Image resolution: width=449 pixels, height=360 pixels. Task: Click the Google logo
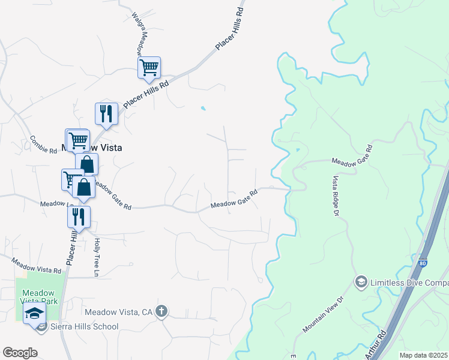(x=20, y=353)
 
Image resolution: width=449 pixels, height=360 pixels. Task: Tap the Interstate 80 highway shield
(x=423, y=262)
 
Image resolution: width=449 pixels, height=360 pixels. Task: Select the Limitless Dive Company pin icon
(x=361, y=281)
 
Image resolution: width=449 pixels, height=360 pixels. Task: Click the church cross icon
(x=161, y=311)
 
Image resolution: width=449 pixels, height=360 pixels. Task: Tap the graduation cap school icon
(x=34, y=313)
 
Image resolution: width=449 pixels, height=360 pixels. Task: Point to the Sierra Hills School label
(x=84, y=326)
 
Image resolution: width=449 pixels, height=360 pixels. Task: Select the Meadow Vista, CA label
(x=119, y=312)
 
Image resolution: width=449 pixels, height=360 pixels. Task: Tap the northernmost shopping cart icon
(x=149, y=67)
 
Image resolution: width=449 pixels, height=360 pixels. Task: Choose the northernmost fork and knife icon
(x=106, y=113)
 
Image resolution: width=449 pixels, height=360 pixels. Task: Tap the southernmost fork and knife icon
(x=79, y=217)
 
